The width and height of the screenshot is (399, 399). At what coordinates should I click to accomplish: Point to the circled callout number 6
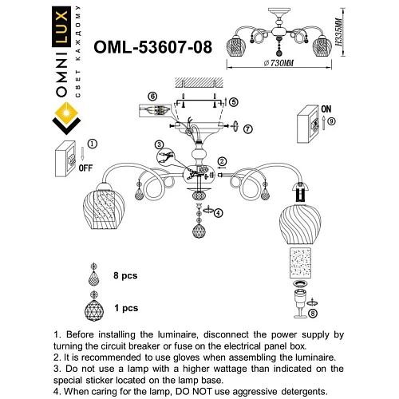[x=152, y=97]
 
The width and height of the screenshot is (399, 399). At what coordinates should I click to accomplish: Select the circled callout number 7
[x=248, y=128]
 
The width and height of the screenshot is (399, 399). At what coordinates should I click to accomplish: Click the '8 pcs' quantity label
[x=126, y=275]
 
